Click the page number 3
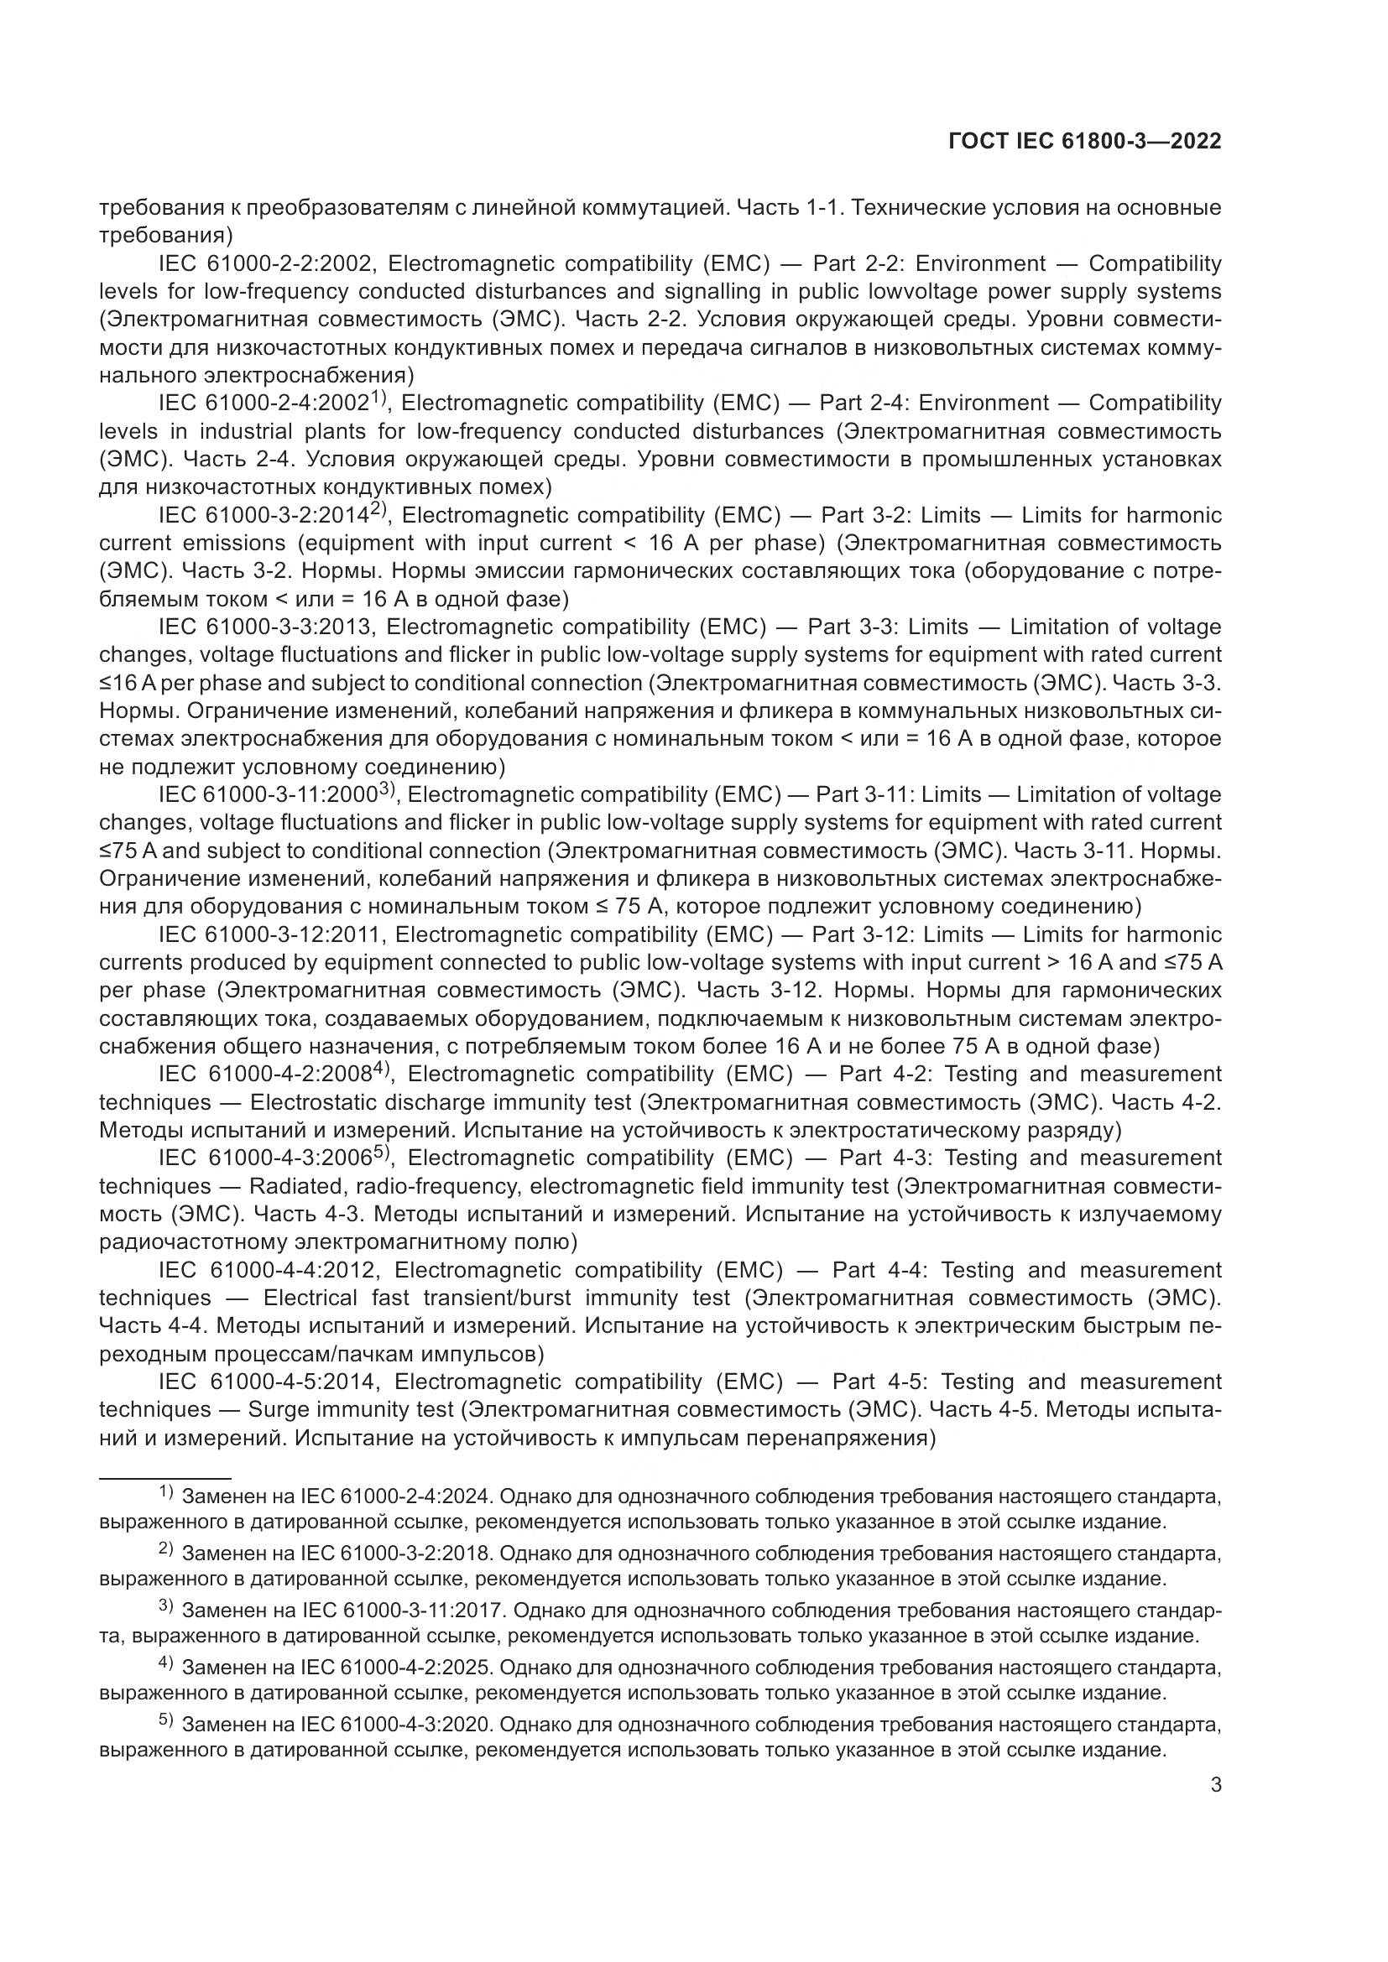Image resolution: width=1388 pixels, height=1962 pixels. pyautogui.click(x=1215, y=1784)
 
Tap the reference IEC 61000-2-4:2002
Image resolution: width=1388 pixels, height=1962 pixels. pyautogui.click(x=264, y=403)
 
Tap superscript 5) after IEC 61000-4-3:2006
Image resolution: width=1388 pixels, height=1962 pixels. pyautogui.click(x=382, y=1153)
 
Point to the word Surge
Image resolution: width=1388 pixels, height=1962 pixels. pyautogui.click(x=276, y=1410)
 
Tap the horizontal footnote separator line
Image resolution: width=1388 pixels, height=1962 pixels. pyautogui.click(x=165, y=1477)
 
